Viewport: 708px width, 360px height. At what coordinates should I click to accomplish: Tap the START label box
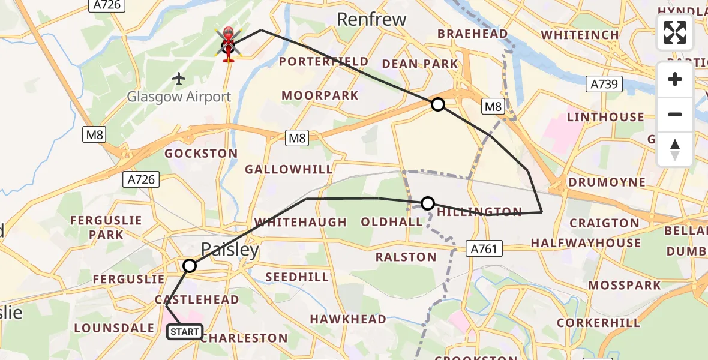185,332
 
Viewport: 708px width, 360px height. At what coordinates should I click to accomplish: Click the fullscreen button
675,32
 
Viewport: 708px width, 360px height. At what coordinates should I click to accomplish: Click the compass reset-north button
675,149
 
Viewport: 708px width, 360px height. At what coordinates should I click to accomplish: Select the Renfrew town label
371,19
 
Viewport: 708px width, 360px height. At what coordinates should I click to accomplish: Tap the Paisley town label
230,250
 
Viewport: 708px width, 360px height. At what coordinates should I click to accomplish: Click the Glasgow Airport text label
179,97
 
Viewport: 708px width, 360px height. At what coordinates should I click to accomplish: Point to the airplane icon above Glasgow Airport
179,78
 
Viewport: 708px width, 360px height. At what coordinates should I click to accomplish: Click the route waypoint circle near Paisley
190,265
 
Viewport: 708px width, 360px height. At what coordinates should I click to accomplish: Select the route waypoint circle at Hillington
428,203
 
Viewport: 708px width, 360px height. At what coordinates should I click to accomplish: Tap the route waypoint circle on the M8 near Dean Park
438,104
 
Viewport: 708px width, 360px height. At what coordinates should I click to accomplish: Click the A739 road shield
604,84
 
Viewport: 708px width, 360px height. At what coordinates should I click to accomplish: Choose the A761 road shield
484,248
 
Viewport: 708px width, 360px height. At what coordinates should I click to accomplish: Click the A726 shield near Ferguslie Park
142,179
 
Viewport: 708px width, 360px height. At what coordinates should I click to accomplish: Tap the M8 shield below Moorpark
297,139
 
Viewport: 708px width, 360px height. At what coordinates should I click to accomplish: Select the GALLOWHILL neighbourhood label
289,170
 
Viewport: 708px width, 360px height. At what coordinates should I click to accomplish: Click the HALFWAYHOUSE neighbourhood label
586,243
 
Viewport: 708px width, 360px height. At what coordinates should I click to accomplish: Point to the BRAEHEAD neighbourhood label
473,34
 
